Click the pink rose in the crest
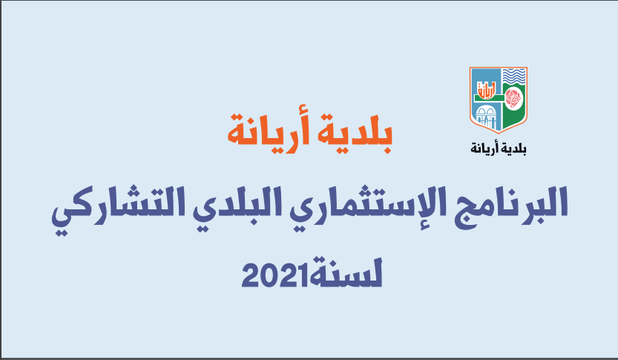tap(513, 97)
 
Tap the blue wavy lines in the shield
tap(514, 75)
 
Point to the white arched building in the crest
tap(486, 117)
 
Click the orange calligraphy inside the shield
tap(487, 90)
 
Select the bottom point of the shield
tap(499, 133)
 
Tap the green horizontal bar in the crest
tap(489, 98)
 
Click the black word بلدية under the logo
tap(513, 148)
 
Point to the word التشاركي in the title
tap(117, 209)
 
